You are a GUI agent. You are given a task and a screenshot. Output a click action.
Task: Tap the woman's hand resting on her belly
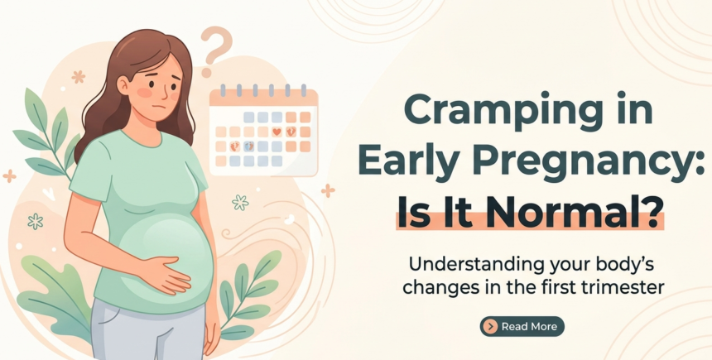point(170,272)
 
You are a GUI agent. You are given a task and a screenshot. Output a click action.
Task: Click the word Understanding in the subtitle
point(459,267)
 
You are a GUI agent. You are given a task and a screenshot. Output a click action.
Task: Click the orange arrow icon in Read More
point(492,326)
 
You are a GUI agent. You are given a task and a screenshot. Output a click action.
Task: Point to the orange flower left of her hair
point(79,77)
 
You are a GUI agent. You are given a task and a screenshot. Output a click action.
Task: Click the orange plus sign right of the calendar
point(328,190)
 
